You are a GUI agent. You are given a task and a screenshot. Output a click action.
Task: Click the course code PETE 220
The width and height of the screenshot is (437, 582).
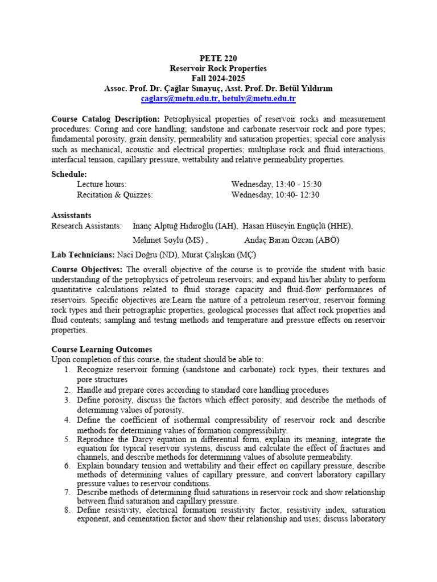[x=218, y=58]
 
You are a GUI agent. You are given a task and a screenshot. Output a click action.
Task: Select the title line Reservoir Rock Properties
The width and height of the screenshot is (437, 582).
[x=218, y=68]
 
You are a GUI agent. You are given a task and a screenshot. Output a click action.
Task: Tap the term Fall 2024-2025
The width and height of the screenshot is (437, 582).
[x=218, y=78]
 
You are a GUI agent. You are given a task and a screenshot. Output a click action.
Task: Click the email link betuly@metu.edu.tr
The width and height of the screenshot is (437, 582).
[x=259, y=98]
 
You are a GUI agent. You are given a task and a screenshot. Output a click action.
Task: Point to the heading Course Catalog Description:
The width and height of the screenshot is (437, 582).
[x=106, y=119]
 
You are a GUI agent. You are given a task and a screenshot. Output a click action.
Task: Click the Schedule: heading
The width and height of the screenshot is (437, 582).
[x=69, y=174]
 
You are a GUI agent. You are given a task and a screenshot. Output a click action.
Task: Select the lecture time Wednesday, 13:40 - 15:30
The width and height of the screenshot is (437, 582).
[x=276, y=184]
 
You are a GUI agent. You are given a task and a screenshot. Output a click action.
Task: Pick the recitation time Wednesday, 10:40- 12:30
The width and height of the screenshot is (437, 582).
[x=275, y=194]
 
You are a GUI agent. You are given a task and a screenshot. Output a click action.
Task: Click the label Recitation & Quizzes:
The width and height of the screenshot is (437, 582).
[x=115, y=194]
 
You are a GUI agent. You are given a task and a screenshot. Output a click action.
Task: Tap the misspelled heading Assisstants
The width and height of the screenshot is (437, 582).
[x=71, y=215]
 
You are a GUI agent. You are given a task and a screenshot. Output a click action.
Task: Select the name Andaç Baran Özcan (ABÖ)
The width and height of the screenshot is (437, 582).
[x=291, y=239]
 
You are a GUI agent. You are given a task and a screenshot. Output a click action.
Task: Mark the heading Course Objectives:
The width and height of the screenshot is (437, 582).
[x=87, y=269]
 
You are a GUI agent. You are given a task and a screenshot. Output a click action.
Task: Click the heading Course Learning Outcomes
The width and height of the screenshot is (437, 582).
[x=101, y=349]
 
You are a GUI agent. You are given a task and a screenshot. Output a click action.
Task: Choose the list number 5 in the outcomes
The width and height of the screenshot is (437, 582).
[x=67, y=440]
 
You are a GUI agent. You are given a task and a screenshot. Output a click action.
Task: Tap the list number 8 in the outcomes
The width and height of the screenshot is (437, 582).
[x=67, y=510]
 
